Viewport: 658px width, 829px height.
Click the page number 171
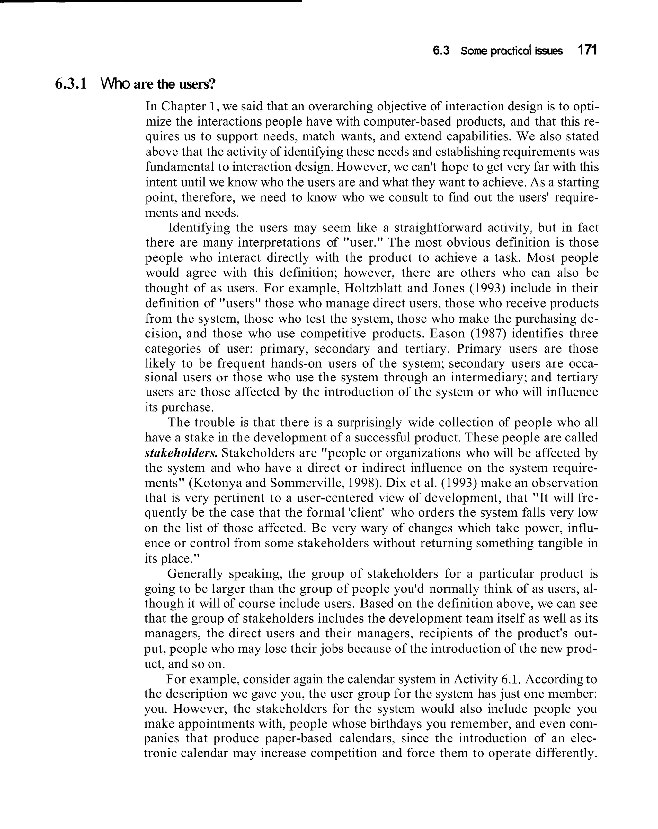[x=587, y=50]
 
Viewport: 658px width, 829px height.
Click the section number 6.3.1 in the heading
[x=71, y=84]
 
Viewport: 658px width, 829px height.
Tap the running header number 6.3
[x=441, y=50]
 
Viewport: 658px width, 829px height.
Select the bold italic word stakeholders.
[x=181, y=453]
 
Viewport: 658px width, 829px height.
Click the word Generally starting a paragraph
[x=195, y=573]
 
